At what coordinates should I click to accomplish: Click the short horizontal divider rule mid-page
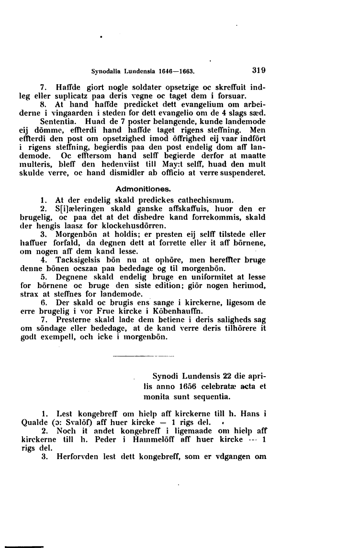click(142, 357)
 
